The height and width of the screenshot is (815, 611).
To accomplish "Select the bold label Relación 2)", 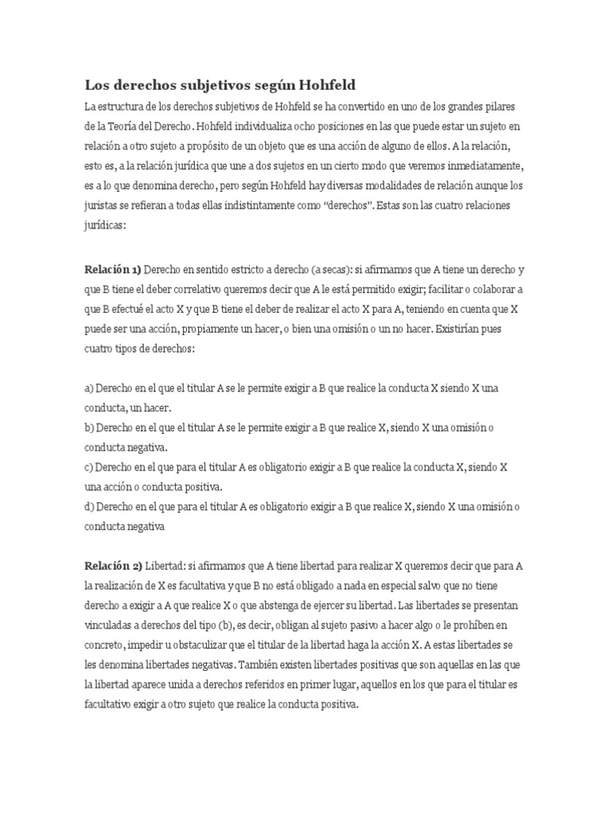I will pos(113,565).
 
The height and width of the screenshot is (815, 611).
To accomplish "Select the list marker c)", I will pos(89,466).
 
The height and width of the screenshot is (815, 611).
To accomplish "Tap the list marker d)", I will pos(89,506).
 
